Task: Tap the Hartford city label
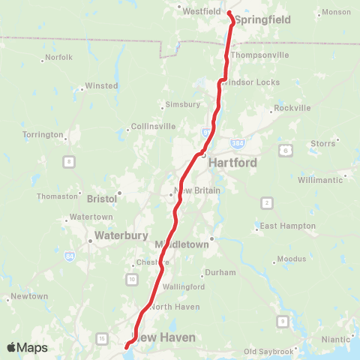pos(232,162)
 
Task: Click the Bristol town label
pos(101,199)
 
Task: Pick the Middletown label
pos(181,245)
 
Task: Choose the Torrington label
pos(43,135)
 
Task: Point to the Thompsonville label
pos(259,55)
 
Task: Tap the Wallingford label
pos(184,287)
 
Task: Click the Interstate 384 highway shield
pos(238,142)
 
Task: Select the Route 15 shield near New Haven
pos(102,340)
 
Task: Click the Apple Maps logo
pos(27,348)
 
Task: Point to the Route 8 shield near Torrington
pos(69,161)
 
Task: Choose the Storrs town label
pos(322,142)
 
